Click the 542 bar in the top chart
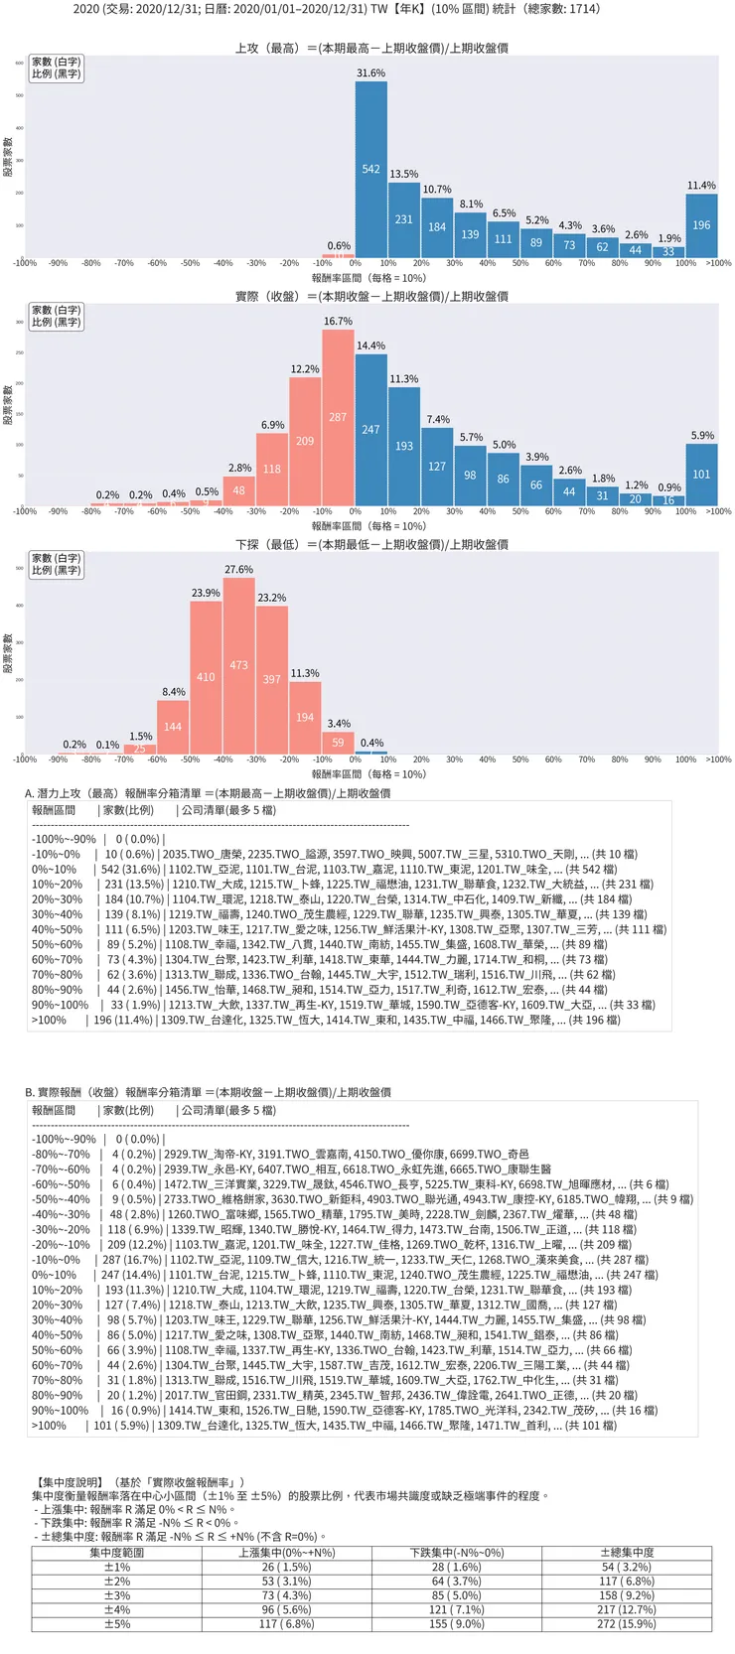click(x=371, y=170)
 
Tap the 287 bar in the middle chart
click(x=338, y=418)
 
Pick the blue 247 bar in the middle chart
click(x=371, y=430)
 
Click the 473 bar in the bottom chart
click(x=239, y=665)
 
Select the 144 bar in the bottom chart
click(x=173, y=727)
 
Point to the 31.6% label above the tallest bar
click(x=371, y=73)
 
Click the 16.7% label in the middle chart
click(x=338, y=322)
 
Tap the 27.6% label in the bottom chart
click(x=239, y=570)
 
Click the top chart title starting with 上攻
click(x=371, y=48)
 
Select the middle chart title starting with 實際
click(x=371, y=296)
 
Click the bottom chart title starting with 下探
click(x=371, y=544)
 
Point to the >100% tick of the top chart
click(x=718, y=263)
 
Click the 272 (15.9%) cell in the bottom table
click(x=627, y=1624)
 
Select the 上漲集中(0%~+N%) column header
click(x=287, y=1553)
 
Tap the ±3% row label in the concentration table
click(x=117, y=1595)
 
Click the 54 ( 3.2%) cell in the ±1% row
click(x=627, y=1567)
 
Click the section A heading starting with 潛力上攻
click(x=208, y=793)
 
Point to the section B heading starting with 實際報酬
click(x=208, y=1092)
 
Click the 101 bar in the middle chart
click(x=701, y=475)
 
